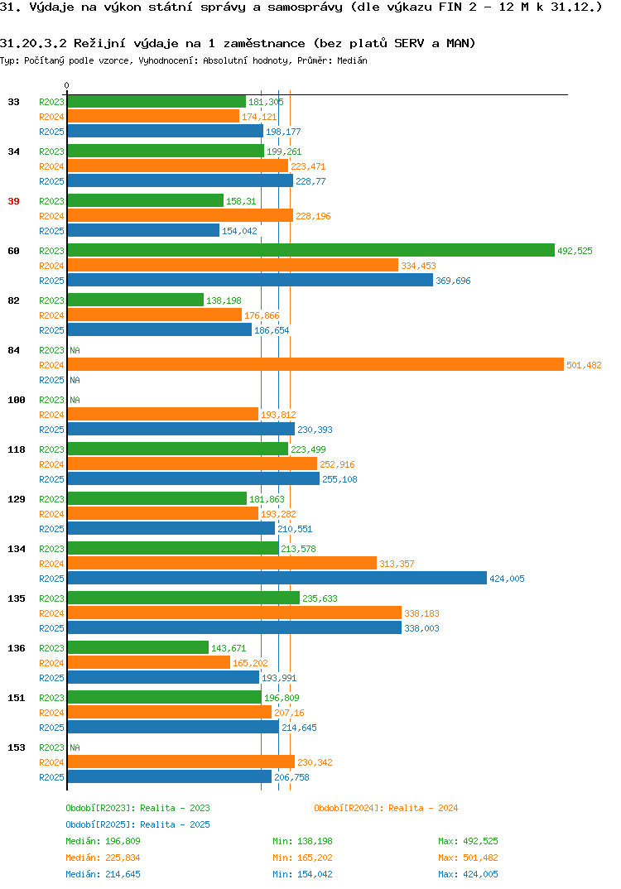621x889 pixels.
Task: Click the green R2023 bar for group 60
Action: (x=310, y=250)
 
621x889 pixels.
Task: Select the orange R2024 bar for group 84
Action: (x=315, y=364)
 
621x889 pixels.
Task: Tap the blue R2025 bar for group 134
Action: (x=277, y=578)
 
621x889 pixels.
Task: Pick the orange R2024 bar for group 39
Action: (x=181, y=215)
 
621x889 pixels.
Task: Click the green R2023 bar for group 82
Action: (x=136, y=300)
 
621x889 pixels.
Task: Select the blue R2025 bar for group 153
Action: (x=170, y=776)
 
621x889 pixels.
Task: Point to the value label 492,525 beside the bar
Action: (x=575, y=251)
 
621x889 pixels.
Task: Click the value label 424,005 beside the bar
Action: (x=507, y=579)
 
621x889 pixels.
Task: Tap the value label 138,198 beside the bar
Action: (x=224, y=300)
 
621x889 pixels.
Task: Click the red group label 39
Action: (x=13, y=201)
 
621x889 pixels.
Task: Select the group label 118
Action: (x=17, y=449)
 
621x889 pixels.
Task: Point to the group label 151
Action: (x=17, y=698)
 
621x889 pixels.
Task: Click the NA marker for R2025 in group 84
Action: (x=75, y=380)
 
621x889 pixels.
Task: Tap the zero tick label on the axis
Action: (x=66, y=85)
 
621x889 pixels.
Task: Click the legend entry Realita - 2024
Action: (x=386, y=808)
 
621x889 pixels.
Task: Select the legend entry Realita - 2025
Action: (x=137, y=824)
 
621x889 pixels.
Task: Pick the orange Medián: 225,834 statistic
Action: (x=103, y=858)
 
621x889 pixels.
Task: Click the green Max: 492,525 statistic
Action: (x=468, y=841)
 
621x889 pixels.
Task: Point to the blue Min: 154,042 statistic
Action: (x=302, y=874)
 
